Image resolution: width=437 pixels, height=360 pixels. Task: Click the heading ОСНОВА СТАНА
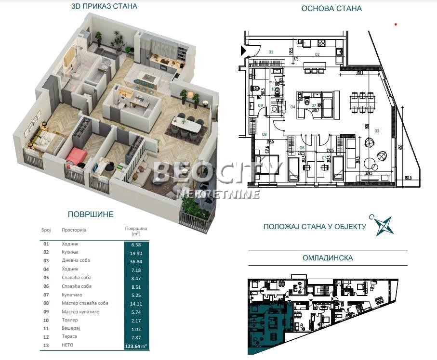[x=331, y=8]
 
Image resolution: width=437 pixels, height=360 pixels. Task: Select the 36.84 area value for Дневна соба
[x=132, y=260]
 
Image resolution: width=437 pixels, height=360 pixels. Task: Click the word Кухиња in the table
[x=70, y=252]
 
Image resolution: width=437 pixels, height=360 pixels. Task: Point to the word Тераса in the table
[x=69, y=337]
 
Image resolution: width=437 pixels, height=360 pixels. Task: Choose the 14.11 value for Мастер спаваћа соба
[x=132, y=303]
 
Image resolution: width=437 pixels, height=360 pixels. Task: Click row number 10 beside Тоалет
[x=46, y=320]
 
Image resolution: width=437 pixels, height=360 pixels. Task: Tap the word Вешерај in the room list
[x=71, y=328]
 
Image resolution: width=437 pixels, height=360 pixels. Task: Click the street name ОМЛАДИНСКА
[x=328, y=258]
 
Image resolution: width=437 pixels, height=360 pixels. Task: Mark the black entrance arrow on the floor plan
[x=243, y=50]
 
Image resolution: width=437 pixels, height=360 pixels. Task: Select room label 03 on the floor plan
[x=377, y=130]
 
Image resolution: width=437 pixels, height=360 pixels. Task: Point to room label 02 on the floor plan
[x=317, y=54]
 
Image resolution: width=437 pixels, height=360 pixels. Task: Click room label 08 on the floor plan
[x=264, y=134]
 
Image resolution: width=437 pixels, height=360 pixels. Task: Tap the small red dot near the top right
[x=396, y=24]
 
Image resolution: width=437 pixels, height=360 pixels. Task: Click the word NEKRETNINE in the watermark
[x=219, y=194]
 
